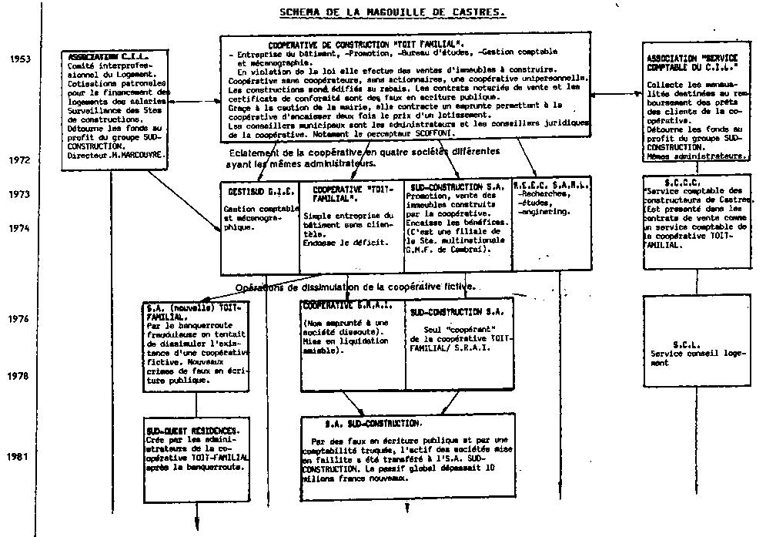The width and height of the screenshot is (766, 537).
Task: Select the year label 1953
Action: coord(20,59)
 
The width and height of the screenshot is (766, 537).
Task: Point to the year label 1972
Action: coord(20,160)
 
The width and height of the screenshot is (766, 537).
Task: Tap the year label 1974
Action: coord(20,228)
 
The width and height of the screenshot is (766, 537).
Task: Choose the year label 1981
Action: coord(20,456)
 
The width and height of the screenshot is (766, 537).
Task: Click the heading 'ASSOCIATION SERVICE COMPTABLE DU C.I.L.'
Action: coord(692,62)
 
